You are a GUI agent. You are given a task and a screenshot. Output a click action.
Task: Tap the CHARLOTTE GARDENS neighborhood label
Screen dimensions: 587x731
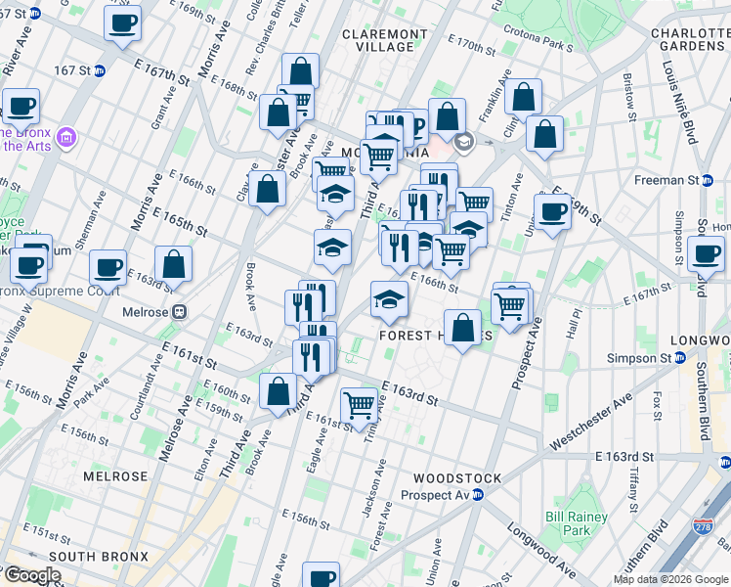tap(690, 40)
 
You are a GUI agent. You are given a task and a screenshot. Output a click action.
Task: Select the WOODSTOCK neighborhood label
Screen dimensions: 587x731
tap(456, 478)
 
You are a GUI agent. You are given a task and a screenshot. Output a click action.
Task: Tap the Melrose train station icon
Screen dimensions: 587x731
tap(179, 311)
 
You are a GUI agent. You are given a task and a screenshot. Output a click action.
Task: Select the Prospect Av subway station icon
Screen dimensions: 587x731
tap(478, 495)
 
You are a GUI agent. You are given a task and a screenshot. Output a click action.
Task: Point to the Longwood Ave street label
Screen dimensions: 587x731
tap(540, 549)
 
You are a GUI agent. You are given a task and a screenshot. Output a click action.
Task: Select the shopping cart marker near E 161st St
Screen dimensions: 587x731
tap(360, 404)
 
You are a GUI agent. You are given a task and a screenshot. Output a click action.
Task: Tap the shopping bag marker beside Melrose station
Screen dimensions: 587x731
tap(173, 264)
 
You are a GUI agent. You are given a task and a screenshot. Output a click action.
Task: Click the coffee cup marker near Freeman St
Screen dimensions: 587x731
tap(552, 211)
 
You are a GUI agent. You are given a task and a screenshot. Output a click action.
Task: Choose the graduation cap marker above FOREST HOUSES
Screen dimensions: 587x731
tap(389, 299)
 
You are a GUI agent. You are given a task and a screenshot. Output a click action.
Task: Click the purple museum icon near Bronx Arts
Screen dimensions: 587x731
tap(65, 136)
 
